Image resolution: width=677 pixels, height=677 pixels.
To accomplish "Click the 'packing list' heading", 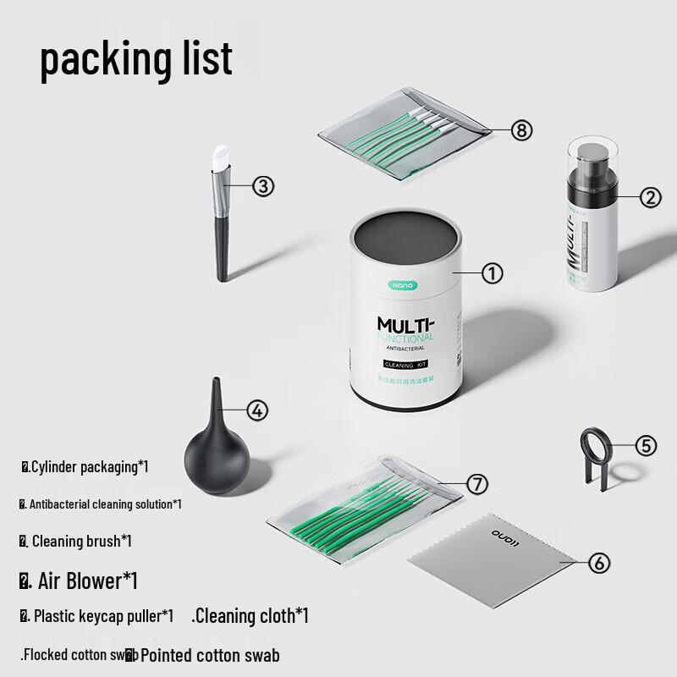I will [136, 58].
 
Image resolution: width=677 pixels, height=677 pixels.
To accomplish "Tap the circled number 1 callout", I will [493, 272].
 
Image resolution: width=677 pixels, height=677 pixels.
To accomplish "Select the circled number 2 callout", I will [649, 197].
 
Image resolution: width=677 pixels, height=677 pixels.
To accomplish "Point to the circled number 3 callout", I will [263, 186].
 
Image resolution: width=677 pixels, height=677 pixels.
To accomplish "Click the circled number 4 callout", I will [257, 410].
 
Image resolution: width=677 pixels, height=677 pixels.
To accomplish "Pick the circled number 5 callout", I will [646, 445].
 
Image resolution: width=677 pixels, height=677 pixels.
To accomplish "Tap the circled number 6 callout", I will [597, 562].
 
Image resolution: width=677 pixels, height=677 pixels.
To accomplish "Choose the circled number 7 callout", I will [477, 483].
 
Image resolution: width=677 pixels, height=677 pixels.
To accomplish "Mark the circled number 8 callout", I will [521, 129].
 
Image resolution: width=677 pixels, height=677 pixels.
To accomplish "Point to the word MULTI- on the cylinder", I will [405, 326].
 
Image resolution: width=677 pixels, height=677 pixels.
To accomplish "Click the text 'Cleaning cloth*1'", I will [250, 615].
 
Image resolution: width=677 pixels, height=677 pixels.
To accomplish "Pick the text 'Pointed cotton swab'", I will [210, 654].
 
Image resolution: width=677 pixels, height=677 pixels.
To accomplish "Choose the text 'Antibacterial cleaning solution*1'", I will [105, 504].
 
